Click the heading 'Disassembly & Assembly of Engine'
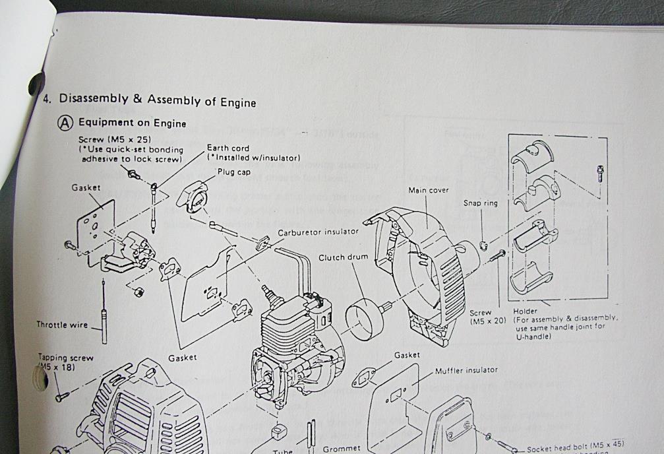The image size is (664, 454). point(157,100)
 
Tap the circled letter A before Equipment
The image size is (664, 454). point(66,123)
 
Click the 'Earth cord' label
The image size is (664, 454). point(228,148)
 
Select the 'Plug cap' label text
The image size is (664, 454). point(233,172)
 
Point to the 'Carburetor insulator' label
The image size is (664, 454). point(318,232)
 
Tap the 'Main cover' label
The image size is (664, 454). point(429,190)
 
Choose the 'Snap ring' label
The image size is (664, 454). point(481,203)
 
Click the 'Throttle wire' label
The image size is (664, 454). point(62,325)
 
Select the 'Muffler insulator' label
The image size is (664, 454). point(466,370)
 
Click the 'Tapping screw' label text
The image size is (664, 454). point(65,358)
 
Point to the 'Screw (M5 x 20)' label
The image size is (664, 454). point(488,317)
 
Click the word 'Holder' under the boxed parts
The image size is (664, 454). point(525,310)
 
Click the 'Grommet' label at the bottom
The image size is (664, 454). point(342,449)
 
